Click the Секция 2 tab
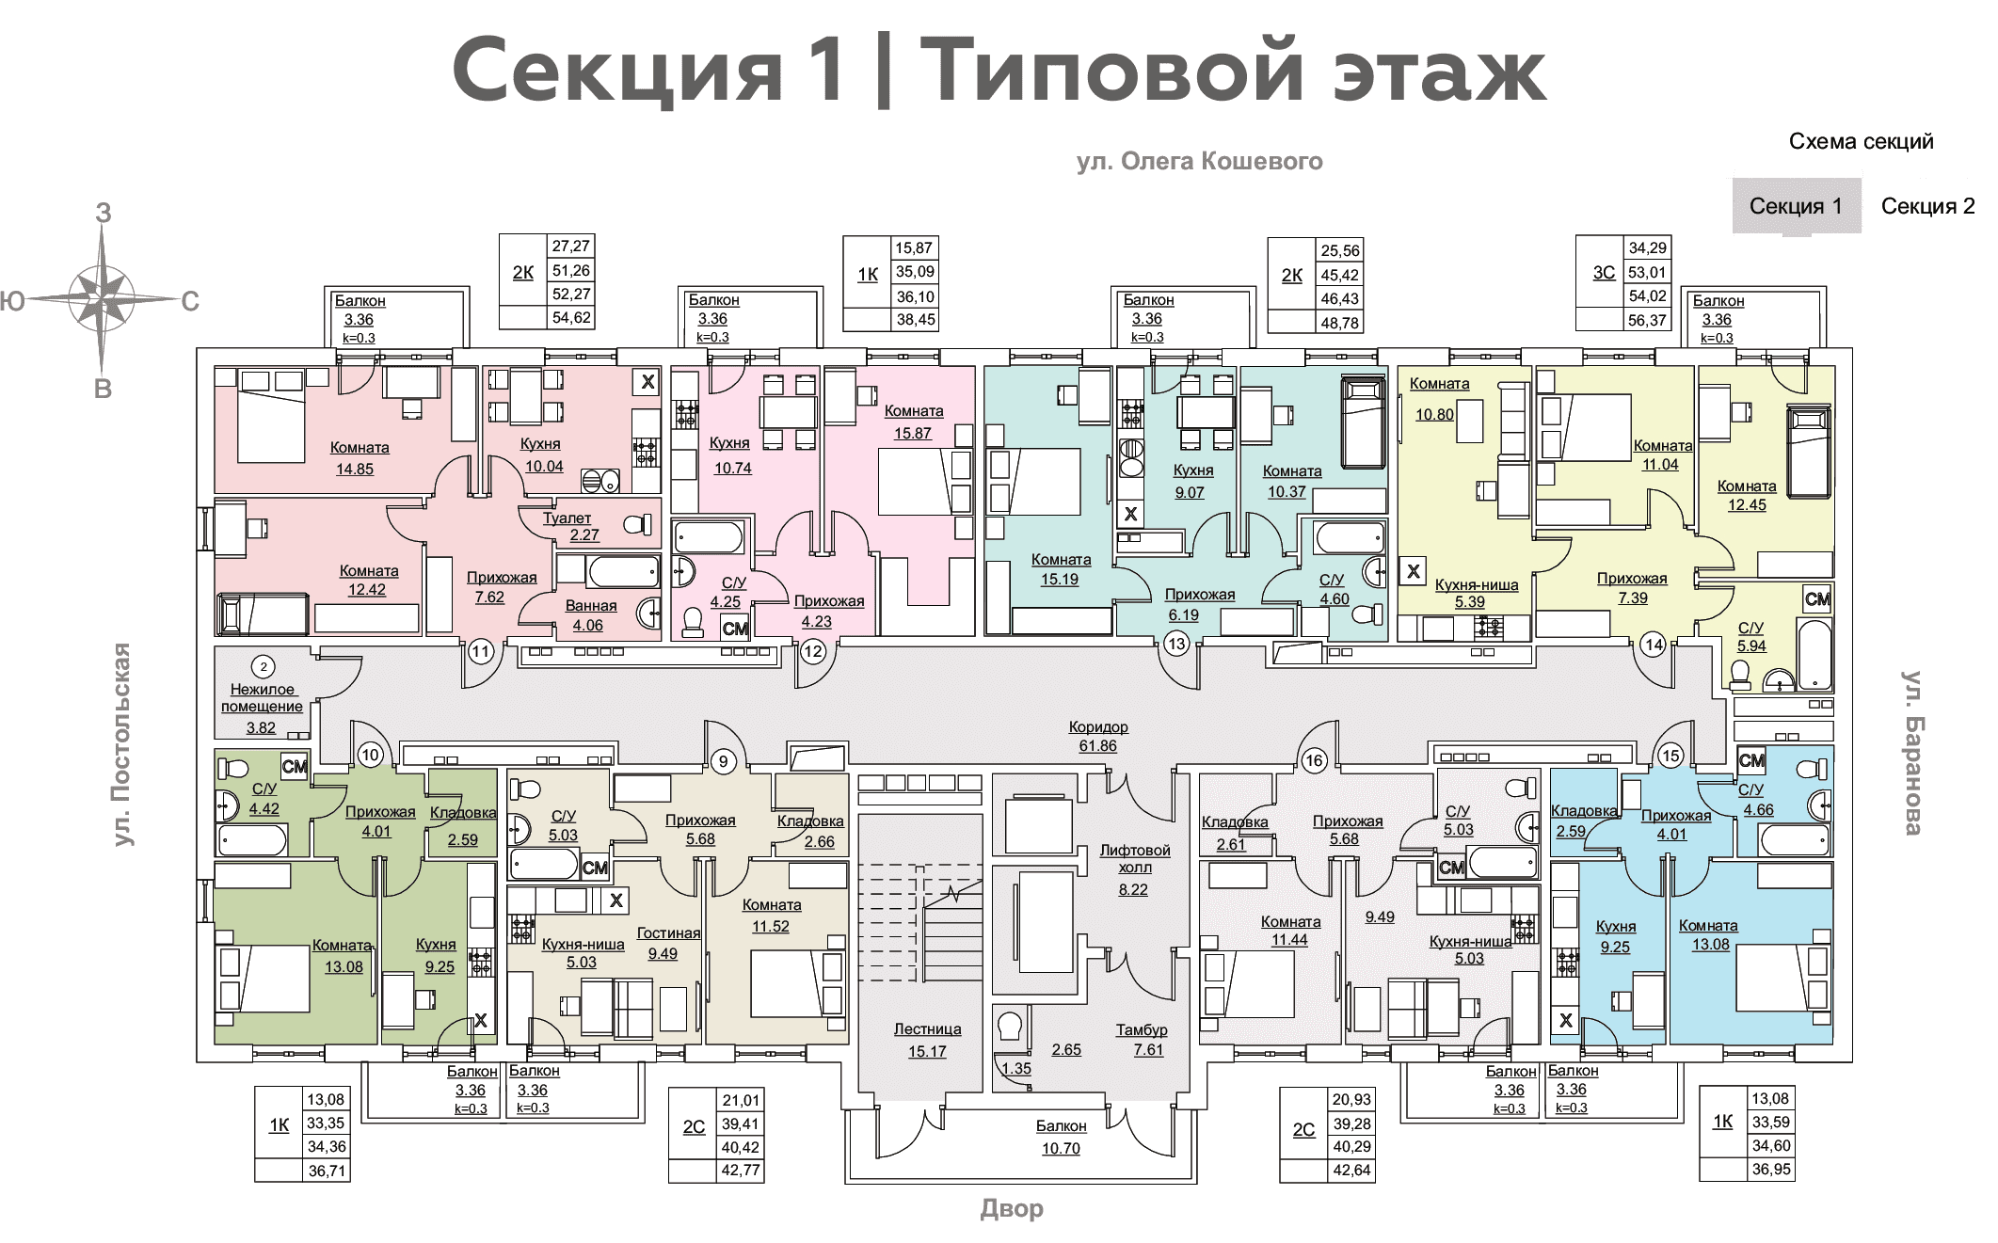[x=1927, y=206]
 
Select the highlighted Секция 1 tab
[x=1797, y=206]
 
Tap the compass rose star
[x=103, y=301]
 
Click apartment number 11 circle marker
[x=481, y=651]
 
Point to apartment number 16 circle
[x=1314, y=760]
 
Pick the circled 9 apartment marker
[x=723, y=760]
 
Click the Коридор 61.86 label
[x=1098, y=737]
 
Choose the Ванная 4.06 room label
[x=590, y=615]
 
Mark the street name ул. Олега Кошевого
[x=1200, y=162]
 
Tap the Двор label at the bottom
[x=1012, y=1208]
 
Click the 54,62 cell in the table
[x=571, y=317]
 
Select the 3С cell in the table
[x=1604, y=272]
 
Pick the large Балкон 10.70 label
[x=1061, y=1137]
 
